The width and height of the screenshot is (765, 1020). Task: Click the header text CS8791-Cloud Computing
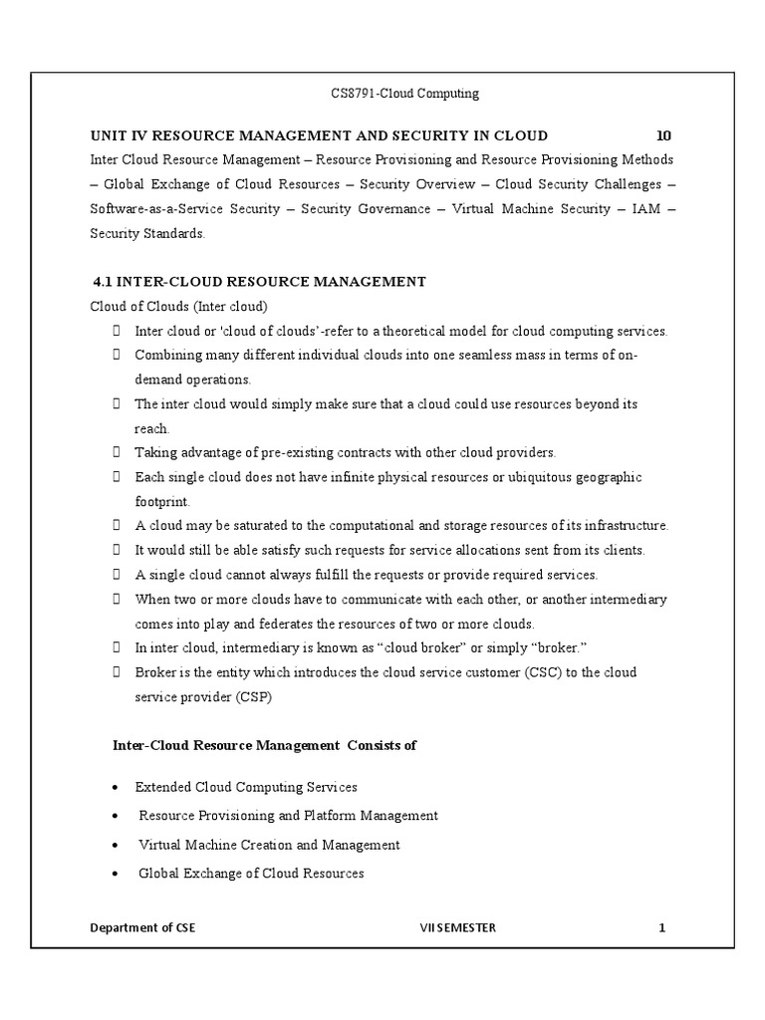coord(404,94)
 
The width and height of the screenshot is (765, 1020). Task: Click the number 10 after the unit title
coord(664,135)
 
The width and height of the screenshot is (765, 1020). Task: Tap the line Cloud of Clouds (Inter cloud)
coord(180,306)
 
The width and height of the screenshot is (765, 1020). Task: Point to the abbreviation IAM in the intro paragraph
coord(644,209)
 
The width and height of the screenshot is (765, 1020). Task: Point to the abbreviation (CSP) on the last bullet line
coord(253,696)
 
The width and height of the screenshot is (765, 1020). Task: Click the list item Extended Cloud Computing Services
coord(246,787)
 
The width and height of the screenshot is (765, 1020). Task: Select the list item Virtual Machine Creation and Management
coord(269,845)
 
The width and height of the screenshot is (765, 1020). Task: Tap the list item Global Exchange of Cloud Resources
coord(251,874)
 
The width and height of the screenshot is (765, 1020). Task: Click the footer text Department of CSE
coord(143,927)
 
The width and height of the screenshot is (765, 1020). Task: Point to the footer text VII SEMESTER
coord(458,927)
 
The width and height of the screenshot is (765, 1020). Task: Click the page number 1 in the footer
coord(661,927)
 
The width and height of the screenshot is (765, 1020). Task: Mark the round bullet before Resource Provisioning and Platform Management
coord(116,816)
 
